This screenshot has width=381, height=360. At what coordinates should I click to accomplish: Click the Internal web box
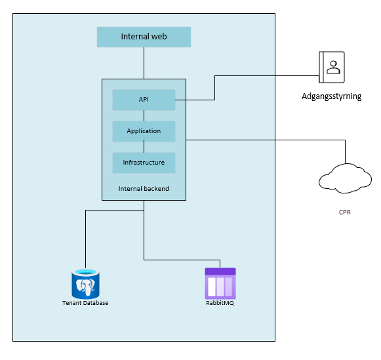click(144, 37)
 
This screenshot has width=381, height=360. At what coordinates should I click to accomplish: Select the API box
click(144, 100)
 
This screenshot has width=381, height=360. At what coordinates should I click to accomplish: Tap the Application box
click(144, 131)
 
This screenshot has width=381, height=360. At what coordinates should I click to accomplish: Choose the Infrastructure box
click(144, 163)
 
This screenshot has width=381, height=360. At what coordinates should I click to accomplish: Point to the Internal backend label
click(144, 189)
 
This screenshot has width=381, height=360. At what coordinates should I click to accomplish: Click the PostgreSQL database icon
click(85, 284)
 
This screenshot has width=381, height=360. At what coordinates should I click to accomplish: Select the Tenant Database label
click(85, 303)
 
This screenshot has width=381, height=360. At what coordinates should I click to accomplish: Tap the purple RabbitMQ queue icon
click(220, 283)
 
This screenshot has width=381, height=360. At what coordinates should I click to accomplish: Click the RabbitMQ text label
click(220, 303)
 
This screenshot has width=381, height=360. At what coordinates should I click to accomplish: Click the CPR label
click(345, 212)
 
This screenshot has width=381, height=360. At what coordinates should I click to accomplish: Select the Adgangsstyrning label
click(332, 96)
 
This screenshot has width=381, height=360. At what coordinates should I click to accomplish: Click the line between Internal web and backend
click(144, 63)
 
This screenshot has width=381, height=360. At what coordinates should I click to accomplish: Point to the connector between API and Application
click(144, 115)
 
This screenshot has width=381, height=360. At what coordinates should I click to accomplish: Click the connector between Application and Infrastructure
click(144, 147)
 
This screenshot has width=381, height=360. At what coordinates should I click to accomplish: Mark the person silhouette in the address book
click(333, 67)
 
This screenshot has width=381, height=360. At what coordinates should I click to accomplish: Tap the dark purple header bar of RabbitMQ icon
click(220, 271)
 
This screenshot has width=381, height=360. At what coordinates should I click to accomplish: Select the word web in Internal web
click(159, 37)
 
